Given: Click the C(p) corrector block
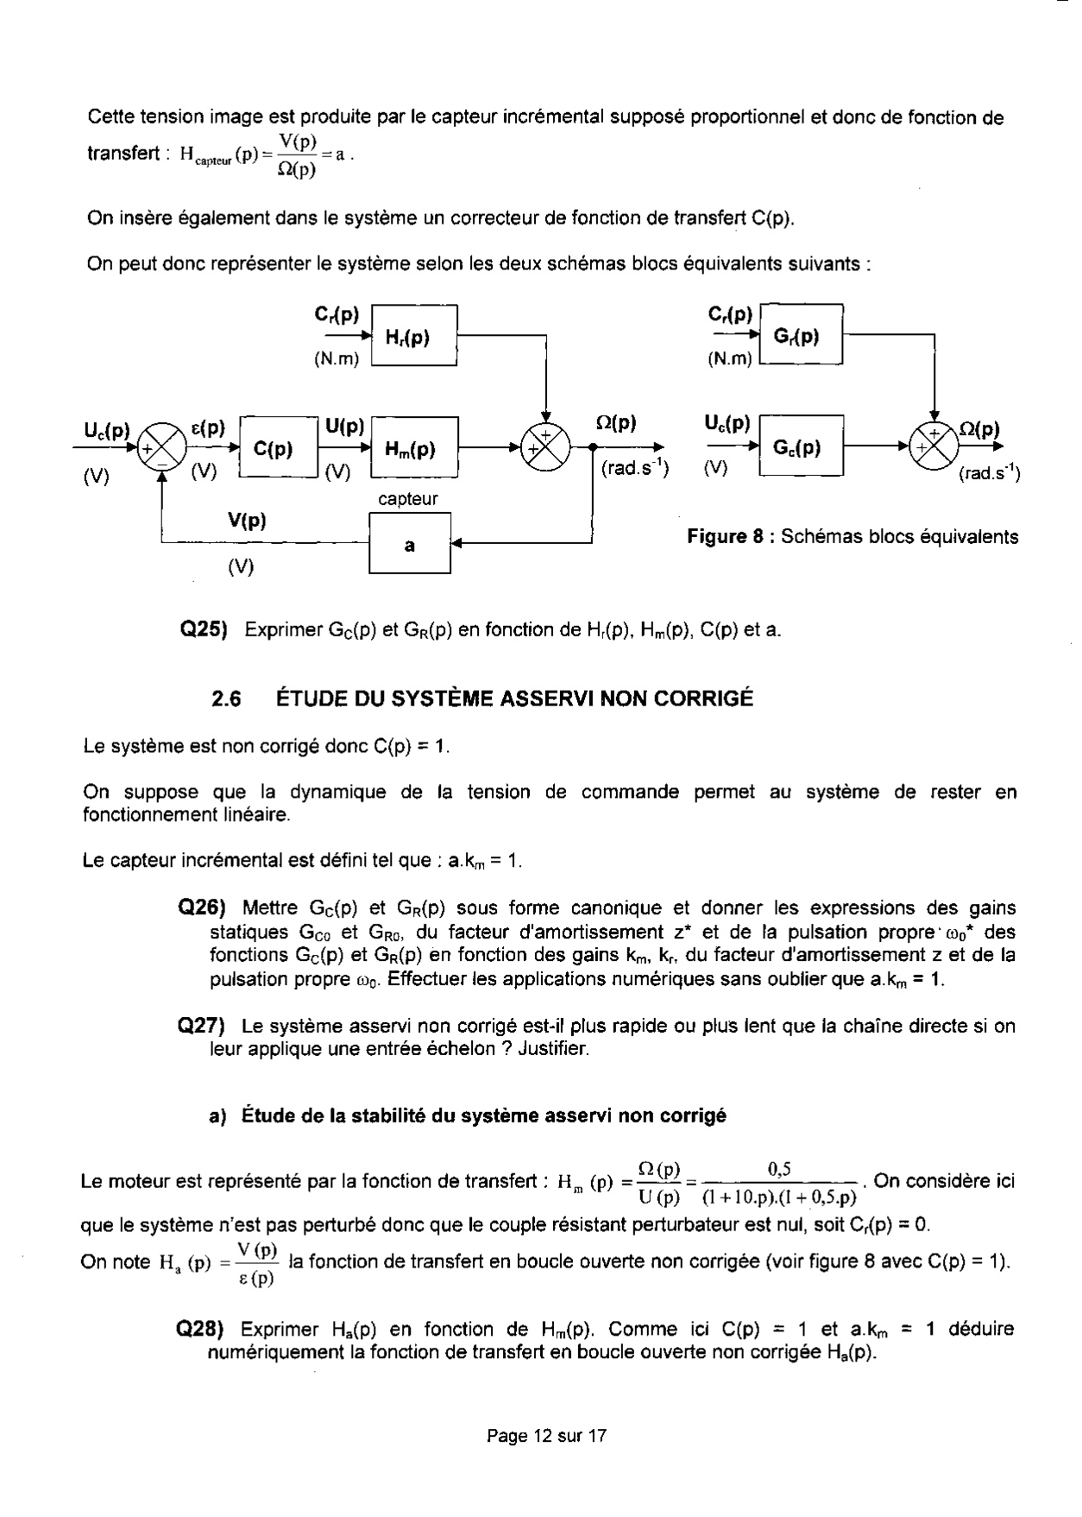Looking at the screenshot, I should (278, 448).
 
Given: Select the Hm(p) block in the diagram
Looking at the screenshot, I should (414, 448).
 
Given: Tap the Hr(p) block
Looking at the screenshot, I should (414, 337).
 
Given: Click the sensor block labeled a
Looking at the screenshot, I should (410, 545).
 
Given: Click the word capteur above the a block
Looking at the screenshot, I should (408, 499).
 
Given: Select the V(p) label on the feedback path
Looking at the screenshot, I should (247, 521).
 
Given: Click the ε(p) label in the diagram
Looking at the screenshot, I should (207, 427).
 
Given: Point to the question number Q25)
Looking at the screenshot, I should (202, 630).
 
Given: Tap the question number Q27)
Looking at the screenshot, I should (201, 1026).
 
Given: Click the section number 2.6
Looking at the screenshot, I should (226, 698).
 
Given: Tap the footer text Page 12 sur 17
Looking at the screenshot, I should (547, 1436).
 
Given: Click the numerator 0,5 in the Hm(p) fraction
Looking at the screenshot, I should (779, 1170).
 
